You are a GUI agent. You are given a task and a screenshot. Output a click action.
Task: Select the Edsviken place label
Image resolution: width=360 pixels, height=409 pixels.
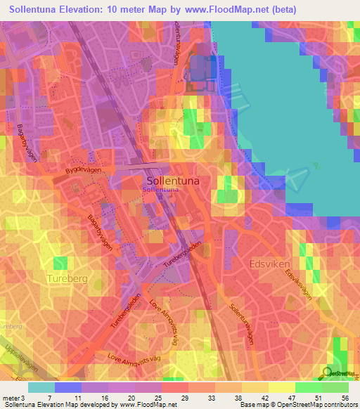coord(270,264)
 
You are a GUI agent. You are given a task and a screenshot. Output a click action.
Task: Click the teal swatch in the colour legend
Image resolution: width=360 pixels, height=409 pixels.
coord(41,387)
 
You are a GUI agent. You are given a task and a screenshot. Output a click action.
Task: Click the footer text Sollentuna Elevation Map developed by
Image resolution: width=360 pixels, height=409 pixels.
coord(59,404)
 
